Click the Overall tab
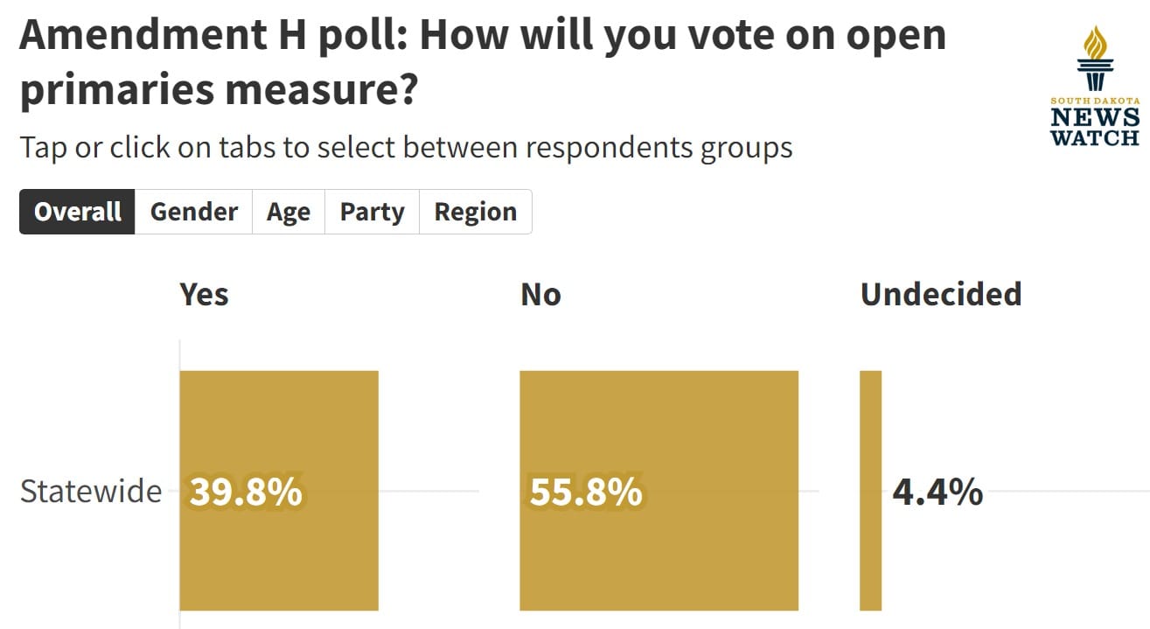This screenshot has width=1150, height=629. (78, 212)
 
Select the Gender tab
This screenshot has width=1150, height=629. (193, 212)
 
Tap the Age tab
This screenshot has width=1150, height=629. (289, 212)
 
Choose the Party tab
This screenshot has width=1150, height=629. (372, 212)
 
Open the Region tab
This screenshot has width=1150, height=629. (475, 212)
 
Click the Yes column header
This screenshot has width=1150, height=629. (204, 294)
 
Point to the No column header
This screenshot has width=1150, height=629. (540, 294)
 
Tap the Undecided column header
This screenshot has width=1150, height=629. (940, 294)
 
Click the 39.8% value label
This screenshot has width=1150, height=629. (246, 493)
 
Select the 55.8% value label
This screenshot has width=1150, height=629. (586, 493)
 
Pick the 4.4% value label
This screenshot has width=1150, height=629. (937, 493)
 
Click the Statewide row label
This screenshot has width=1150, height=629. (90, 492)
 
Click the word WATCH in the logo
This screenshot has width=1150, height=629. (1095, 137)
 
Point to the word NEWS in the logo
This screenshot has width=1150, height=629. (1095, 117)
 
